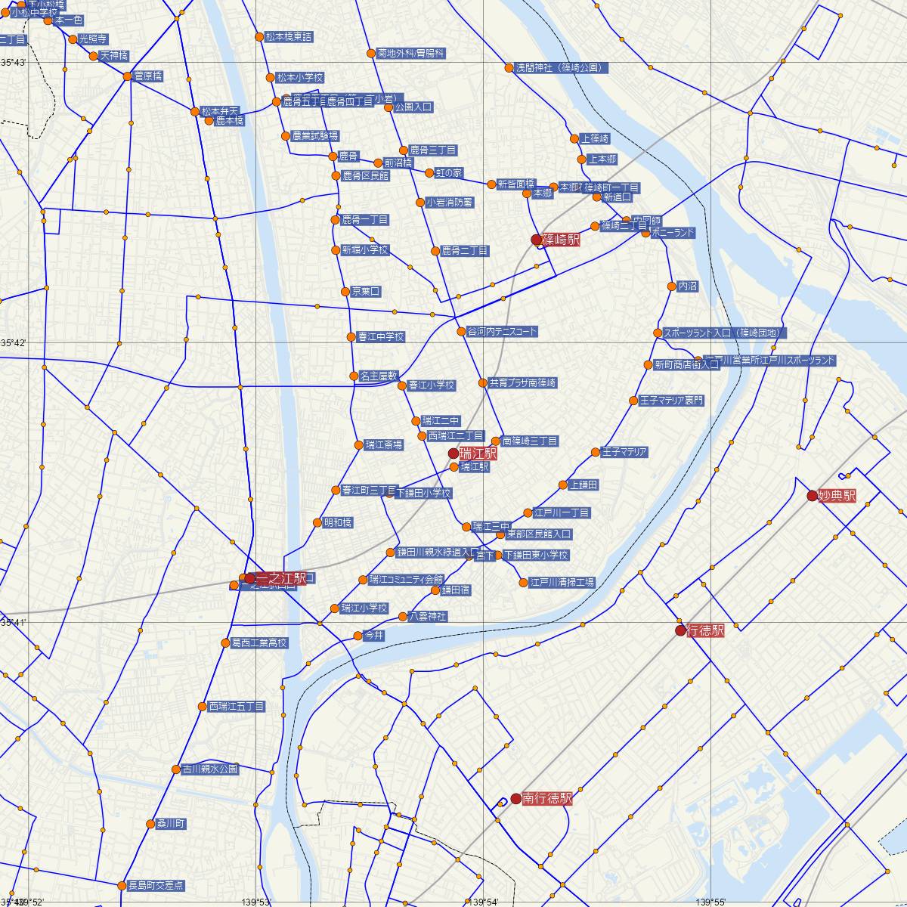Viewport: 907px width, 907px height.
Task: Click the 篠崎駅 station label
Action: [x=561, y=240]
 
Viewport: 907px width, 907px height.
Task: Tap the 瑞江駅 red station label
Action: [x=478, y=453]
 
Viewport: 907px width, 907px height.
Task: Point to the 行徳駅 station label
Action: [x=706, y=630]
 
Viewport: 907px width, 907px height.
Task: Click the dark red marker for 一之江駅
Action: [x=249, y=578]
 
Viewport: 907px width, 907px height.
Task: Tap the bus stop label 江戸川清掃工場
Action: [x=562, y=582]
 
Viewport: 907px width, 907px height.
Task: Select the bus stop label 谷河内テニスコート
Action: [x=502, y=331]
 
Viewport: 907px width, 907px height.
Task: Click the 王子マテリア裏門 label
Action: [x=671, y=401]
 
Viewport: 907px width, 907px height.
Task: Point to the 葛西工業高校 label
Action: [x=259, y=643]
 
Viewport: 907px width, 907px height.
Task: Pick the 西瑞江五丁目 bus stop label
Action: [x=237, y=707]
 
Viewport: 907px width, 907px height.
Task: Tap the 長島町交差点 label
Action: [x=155, y=885]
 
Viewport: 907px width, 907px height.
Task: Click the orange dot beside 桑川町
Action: [x=150, y=824]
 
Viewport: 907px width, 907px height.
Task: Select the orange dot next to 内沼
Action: [x=671, y=286]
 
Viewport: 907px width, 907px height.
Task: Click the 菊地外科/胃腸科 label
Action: [x=411, y=54]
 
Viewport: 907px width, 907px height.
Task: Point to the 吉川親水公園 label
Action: [x=209, y=769]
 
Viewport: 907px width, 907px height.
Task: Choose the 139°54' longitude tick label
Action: [x=483, y=902]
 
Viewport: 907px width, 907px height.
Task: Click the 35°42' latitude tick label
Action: [x=13, y=343]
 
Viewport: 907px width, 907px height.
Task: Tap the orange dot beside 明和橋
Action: [x=317, y=522]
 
